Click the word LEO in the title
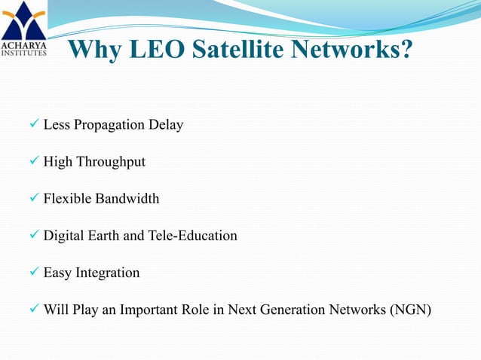(152, 51)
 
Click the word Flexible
(67, 199)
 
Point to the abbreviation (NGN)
(409, 309)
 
